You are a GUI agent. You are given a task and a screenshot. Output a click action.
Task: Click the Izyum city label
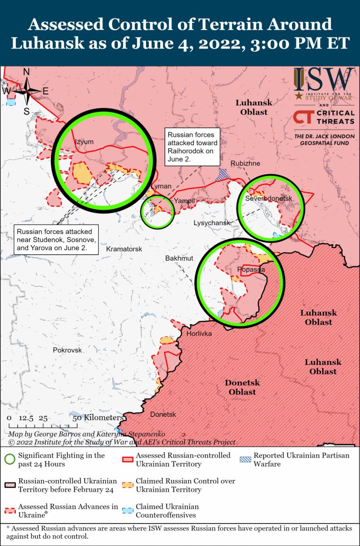coord(84,142)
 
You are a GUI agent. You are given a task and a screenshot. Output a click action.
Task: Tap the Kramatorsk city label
coord(124,249)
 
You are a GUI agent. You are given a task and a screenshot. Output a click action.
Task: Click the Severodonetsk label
coord(268,199)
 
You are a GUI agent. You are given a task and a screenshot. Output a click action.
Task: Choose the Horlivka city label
coord(199,334)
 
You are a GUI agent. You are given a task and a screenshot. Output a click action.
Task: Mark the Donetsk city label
coord(163,414)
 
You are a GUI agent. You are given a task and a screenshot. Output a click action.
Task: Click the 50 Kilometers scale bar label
coord(97,417)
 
